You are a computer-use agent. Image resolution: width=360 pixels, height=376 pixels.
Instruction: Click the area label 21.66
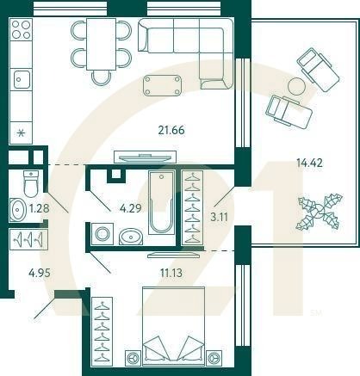pyautogui.click(x=172, y=131)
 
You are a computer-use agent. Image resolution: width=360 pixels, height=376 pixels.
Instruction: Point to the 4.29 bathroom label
pyautogui.click(x=131, y=207)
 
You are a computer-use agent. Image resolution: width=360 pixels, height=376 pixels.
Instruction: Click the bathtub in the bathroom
pyautogui.click(x=161, y=204)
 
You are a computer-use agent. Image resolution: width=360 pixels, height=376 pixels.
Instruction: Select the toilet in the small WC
pyautogui.click(x=31, y=184)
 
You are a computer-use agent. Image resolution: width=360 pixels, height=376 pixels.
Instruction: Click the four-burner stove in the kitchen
pyautogui.click(x=21, y=32)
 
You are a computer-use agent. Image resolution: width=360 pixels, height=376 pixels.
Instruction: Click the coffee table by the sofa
pyautogui.click(x=164, y=84)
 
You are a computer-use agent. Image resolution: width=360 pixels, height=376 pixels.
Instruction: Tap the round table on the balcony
pyautogui.click(x=297, y=86)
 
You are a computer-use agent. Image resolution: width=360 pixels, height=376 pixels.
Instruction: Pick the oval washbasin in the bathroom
pyautogui.click(x=131, y=236)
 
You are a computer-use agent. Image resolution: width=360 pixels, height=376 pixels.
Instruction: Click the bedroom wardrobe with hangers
pyautogui.click(x=102, y=329)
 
